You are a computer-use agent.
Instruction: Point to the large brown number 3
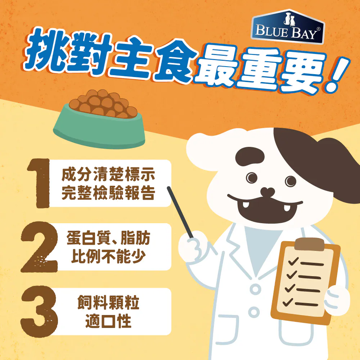[39, 311]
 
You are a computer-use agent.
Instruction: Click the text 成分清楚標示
[108, 175]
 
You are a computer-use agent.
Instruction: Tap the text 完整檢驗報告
[108, 193]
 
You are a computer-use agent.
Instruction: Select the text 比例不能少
[108, 256]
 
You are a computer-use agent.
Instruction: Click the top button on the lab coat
[255, 289]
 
